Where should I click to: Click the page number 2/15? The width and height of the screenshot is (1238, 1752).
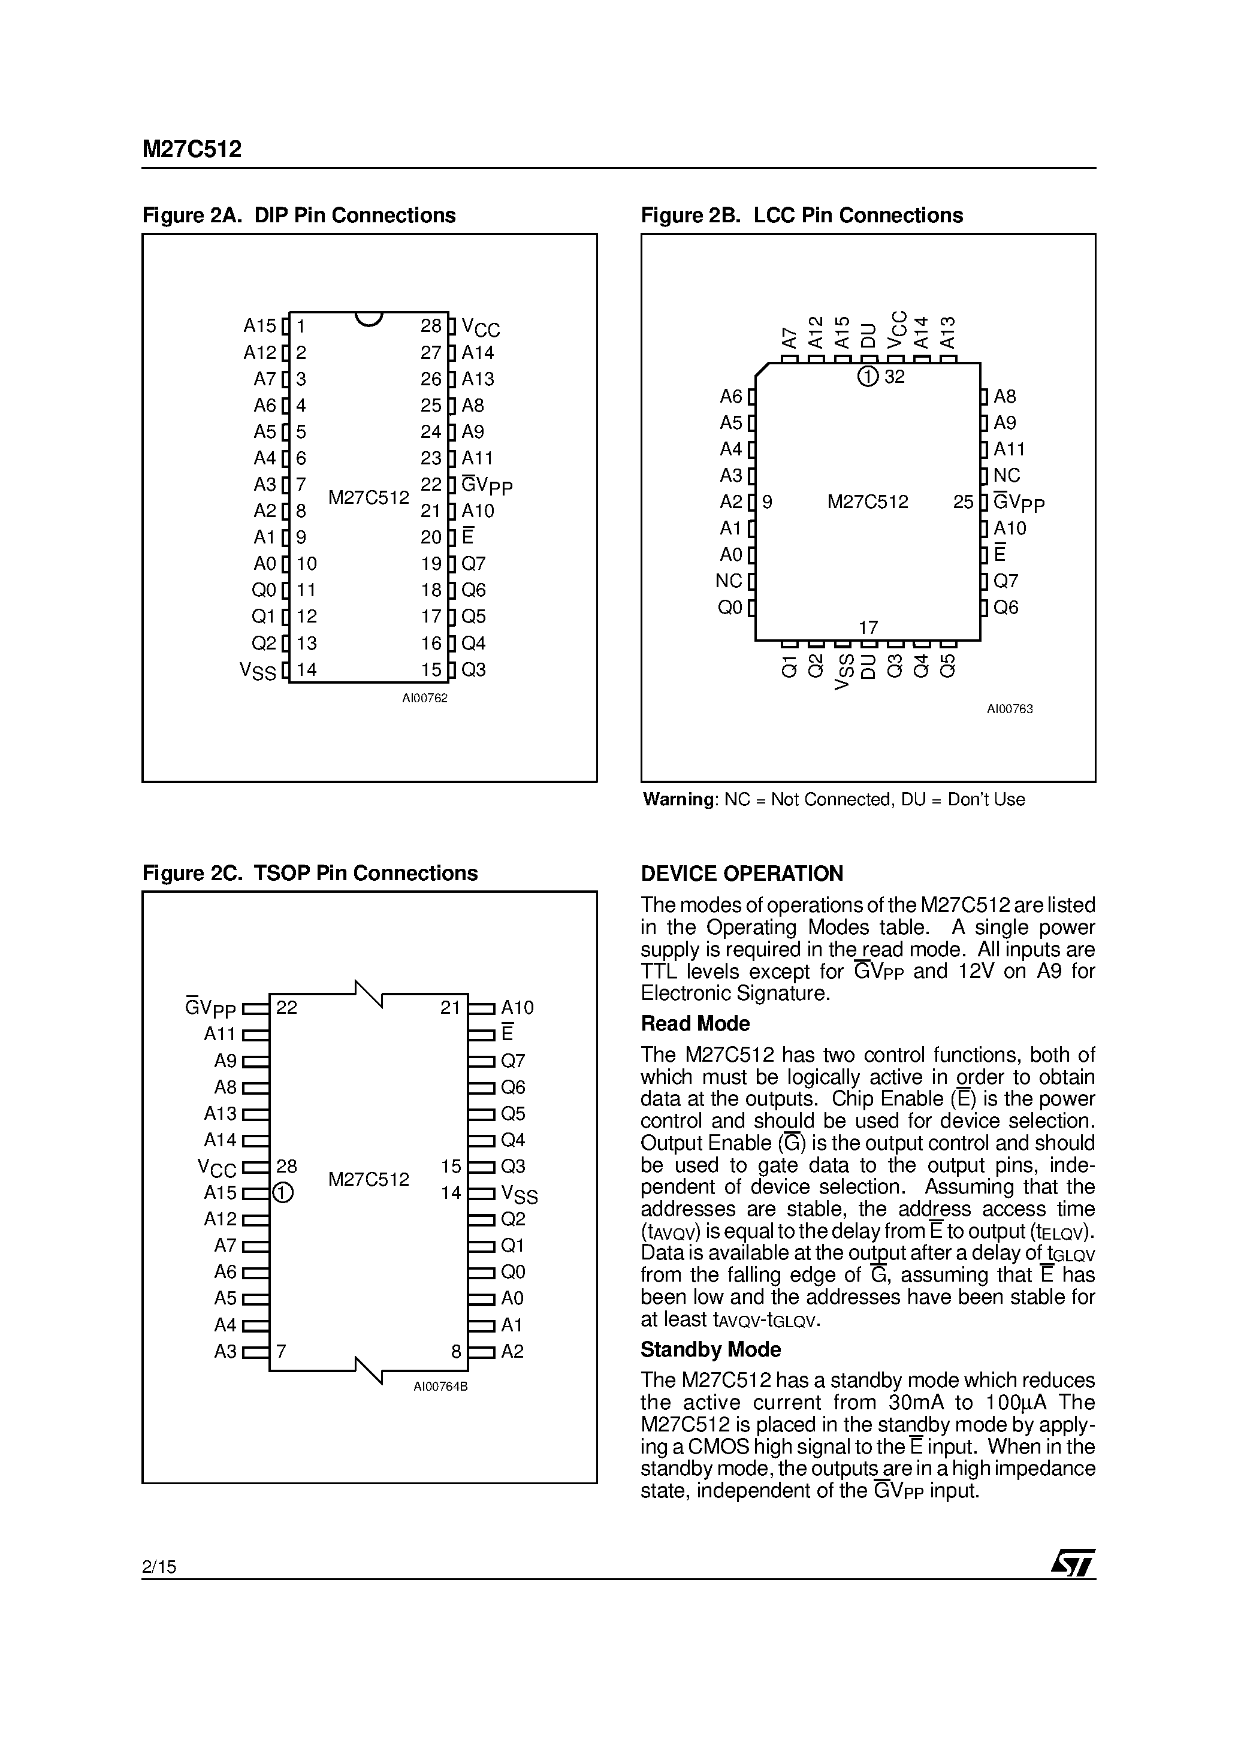point(159,1567)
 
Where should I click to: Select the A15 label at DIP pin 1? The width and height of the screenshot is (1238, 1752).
point(259,326)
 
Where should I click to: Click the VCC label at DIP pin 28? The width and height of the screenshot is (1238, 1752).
point(481,328)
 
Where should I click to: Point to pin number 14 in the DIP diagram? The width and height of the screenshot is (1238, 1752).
point(306,670)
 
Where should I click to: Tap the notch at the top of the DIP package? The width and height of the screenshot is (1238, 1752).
point(369,318)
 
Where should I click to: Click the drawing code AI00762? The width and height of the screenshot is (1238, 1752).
point(424,698)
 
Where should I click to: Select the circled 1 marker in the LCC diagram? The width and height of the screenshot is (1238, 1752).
point(868,376)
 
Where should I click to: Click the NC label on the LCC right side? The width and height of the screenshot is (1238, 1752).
point(1006,475)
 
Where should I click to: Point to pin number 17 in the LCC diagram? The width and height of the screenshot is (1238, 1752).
point(868,627)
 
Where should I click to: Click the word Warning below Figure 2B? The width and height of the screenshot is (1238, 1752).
point(678,800)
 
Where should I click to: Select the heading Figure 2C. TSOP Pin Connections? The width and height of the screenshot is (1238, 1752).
point(310,873)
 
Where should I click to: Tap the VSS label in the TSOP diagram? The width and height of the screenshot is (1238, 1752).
point(519,1194)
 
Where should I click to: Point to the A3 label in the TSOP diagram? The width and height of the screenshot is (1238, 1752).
point(225,1351)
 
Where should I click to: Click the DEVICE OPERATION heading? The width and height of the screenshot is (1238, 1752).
point(741,874)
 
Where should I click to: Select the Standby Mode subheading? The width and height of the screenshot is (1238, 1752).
point(710,1350)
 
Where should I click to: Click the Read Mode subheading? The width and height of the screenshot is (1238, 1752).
point(695,1024)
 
